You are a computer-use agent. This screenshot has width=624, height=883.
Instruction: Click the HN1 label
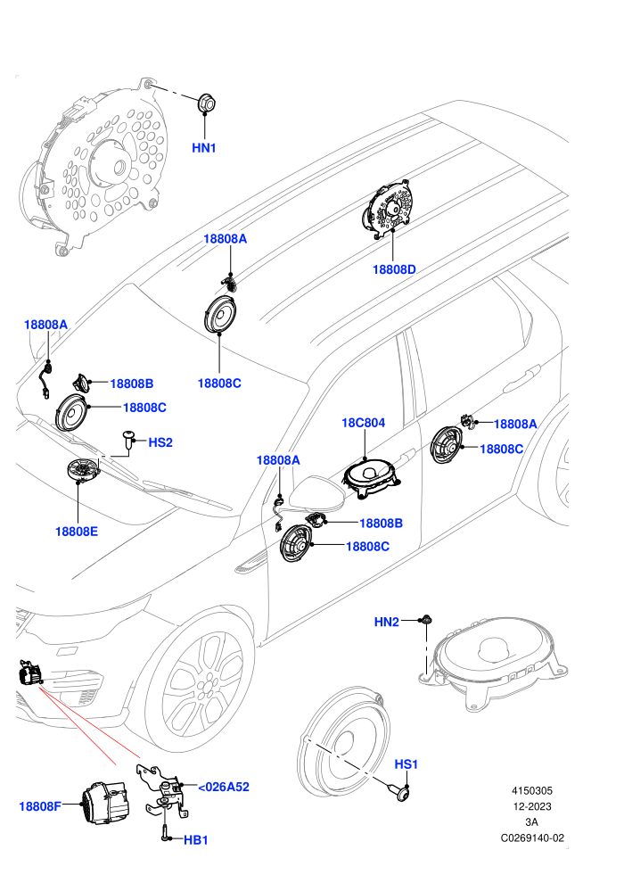tap(203, 148)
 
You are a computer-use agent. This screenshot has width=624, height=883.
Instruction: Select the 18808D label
tap(394, 269)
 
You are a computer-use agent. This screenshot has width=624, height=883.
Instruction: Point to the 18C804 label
tap(364, 423)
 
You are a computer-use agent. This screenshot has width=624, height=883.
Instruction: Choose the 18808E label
tap(77, 531)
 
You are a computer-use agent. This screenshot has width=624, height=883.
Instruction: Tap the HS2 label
tap(160, 442)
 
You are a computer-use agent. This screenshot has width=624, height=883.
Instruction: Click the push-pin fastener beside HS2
tap(130, 441)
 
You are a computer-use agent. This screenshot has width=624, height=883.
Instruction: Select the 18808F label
tap(40, 806)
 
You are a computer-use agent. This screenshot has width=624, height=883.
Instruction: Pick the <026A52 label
tap(224, 787)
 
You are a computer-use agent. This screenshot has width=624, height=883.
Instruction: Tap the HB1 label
tap(196, 840)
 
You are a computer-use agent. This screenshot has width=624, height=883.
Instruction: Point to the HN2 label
tap(387, 622)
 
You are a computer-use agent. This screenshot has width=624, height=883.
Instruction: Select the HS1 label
tap(406, 764)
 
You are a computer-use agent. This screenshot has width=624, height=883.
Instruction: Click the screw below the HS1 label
tap(401, 794)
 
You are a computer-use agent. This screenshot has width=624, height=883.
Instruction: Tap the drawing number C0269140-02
tap(532, 838)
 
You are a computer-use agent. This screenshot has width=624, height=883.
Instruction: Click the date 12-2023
tap(532, 806)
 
